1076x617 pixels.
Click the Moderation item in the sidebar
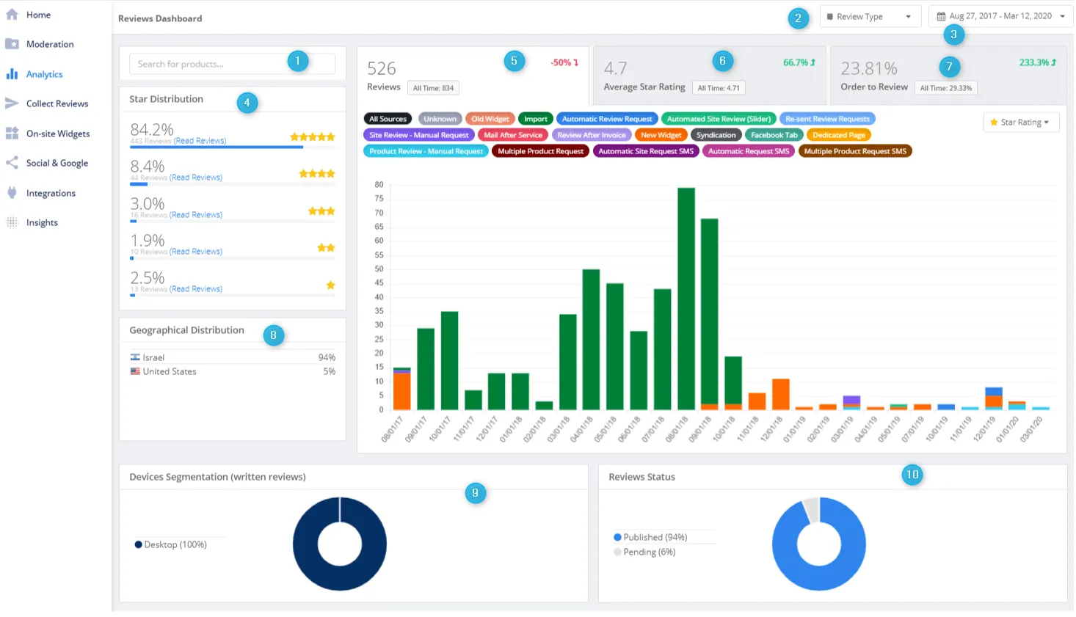[49, 44]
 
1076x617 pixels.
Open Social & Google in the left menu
[57, 163]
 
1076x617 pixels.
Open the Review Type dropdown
[869, 16]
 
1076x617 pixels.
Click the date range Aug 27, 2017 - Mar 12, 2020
[1000, 16]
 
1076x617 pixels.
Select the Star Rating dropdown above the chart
[1020, 123]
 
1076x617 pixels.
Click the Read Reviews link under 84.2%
[200, 141]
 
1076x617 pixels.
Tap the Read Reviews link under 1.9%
[196, 252]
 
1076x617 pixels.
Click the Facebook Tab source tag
[774, 135]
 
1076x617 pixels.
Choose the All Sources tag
[388, 119]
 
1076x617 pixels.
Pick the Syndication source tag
[716, 135]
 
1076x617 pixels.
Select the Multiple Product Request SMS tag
[855, 151]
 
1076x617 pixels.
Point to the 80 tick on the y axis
[379, 184]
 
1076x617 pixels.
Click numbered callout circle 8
[273, 335]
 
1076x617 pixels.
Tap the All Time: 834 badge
[433, 88]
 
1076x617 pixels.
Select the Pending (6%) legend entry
[649, 552]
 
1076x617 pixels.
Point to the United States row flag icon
[135, 371]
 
